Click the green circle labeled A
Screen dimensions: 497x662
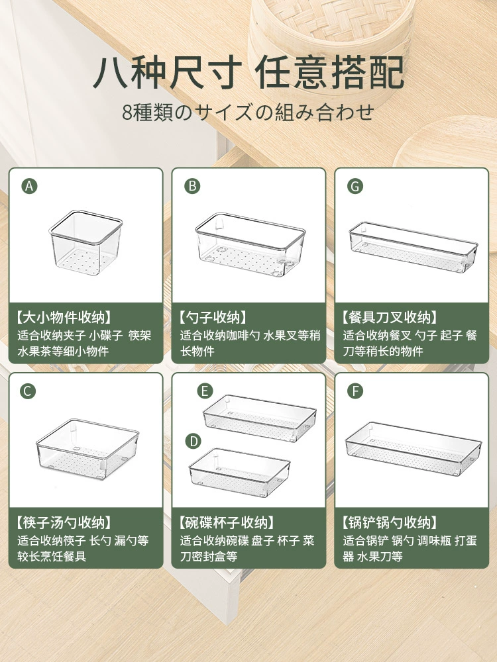click(x=29, y=186)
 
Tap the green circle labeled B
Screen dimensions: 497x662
click(x=192, y=186)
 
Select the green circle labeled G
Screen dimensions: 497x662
click(x=355, y=186)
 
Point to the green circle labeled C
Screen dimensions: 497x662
click(x=28, y=391)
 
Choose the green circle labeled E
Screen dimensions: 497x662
click(x=205, y=391)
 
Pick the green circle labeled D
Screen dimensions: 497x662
click(x=193, y=441)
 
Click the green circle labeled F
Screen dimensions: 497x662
click(x=355, y=391)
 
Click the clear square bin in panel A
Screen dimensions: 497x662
click(x=85, y=243)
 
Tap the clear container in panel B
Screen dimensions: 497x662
click(x=250, y=245)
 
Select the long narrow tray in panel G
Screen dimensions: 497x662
click(x=414, y=247)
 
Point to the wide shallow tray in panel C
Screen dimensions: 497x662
click(x=87, y=449)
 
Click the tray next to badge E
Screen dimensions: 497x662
click(x=260, y=418)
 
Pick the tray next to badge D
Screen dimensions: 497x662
click(x=239, y=473)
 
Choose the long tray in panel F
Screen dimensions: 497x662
click(x=414, y=449)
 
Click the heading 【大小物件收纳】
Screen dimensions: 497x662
click(x=64, y=318)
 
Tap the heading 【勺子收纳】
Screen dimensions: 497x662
click(x=213, y=318)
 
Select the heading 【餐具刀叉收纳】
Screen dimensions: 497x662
click(x=390, y=318)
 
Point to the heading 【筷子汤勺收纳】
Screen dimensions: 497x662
click(x=64, y=523)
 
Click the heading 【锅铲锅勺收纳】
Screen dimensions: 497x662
click(x=390, y=523)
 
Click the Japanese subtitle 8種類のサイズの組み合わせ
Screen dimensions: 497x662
click(x=248, y=113)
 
